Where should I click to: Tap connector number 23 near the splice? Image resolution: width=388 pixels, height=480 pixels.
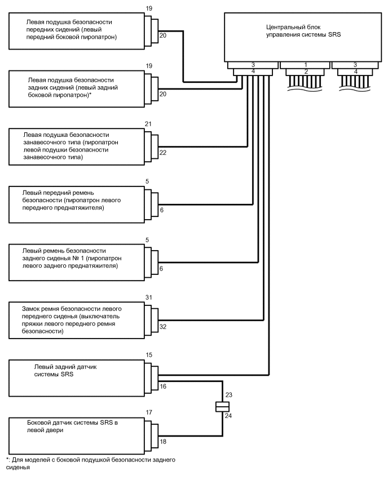click(228, 394)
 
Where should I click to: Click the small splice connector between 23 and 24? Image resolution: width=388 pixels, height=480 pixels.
click(221, 406)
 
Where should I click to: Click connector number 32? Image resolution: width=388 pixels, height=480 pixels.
click(163, 327)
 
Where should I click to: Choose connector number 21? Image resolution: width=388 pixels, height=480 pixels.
click(149, 124)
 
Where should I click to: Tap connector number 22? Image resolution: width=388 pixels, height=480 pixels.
click(163, 153)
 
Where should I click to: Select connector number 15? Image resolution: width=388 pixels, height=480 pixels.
click(149, 356)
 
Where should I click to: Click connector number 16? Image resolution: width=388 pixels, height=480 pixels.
click(163, 386)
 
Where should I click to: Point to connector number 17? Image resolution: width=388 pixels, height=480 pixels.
click(149, 412)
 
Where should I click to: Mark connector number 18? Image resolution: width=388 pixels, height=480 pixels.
click(163, 443)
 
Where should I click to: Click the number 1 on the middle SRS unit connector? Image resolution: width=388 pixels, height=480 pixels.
click(305, 65)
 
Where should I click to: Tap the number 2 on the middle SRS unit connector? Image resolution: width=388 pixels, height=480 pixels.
click(305, 72)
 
